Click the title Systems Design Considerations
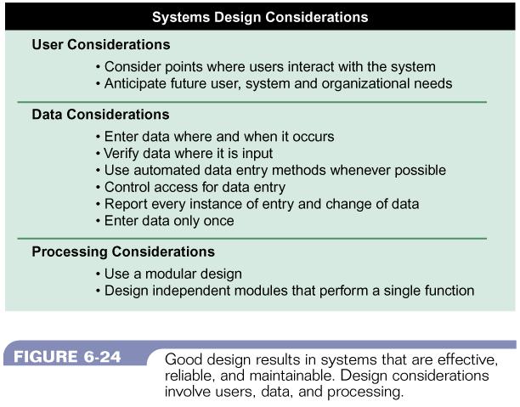[x=260, y=17]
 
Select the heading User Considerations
[x=101, y=44]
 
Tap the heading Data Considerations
[x=100, y=115]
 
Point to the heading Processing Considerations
[x=123, y=252]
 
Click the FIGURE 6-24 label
[x=67, y=357]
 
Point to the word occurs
[x=313, y=137]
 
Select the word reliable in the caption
[x=189, y=376]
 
